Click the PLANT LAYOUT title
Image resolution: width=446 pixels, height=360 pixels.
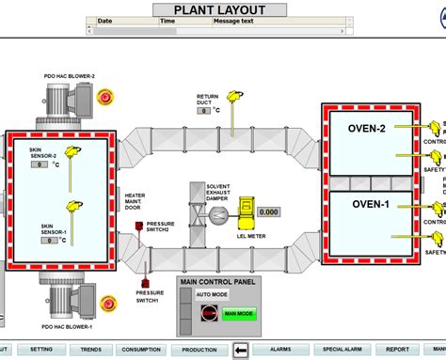pyautogui.click(x=222, y=9)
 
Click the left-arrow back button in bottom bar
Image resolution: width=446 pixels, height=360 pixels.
pyautogui.click(x=240, y=348)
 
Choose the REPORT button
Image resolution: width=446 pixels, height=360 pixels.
pyautogui.click(x=396, y=348)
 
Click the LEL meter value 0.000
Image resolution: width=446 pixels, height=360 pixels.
pyautogui.click(x=268, y=212)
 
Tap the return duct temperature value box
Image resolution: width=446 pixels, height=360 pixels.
pyautogui.click(x=202, y=110)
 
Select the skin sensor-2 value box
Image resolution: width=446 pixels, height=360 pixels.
pyautogui.click(x=40, y=164)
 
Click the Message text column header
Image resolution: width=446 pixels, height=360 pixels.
pyautogui.click(x=232, y=20)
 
